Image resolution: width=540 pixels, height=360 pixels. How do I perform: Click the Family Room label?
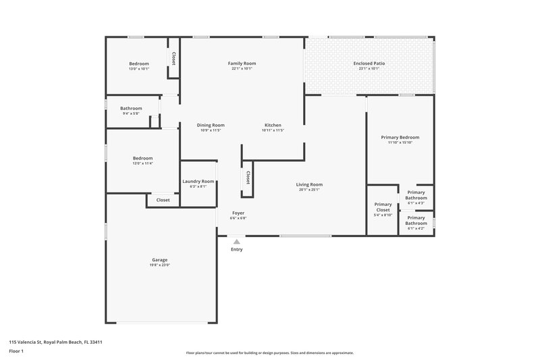tap(242, 63)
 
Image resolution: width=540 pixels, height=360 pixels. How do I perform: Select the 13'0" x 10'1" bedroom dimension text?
tap(138, 69)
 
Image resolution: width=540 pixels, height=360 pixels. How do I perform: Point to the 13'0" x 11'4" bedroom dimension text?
tap(142, 163)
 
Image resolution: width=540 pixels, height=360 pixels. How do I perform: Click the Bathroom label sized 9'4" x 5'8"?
tap(131, 108)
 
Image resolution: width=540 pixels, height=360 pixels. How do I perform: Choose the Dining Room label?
tap(211, 125)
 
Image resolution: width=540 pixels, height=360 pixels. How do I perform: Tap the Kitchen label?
tap(273, 125)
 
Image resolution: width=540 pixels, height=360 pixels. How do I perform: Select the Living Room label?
tap(309, 184)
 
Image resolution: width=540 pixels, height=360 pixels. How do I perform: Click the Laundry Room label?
tap(198, 181)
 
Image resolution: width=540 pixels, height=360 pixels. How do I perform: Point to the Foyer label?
tap(238, 213)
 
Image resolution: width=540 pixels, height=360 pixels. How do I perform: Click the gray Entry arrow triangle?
tap(236, 240)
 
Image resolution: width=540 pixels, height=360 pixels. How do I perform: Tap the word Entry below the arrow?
tap(236, 249)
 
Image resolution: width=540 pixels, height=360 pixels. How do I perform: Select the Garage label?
tap(159, 260)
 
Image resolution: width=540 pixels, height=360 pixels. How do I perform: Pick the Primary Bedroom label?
tap(400, 137)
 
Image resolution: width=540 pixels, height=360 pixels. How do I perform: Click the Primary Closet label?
tap(383, 207)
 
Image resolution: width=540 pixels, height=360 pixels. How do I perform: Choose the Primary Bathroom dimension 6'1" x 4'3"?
tap(416, 203)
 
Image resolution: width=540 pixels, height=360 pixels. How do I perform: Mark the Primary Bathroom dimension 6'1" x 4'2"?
tap(416, 228)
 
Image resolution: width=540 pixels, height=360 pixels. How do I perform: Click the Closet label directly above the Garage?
tap(163, 200)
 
